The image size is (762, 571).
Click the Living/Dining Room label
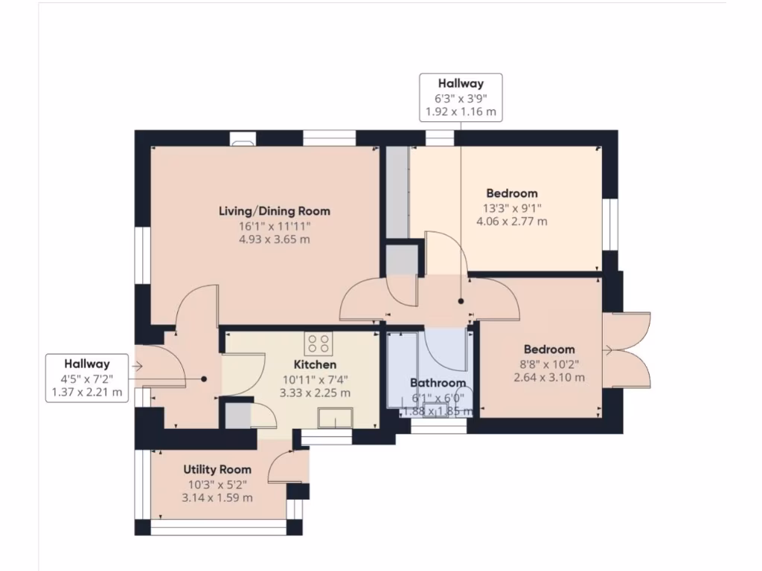[274, 211]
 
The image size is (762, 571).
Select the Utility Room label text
[217, 470]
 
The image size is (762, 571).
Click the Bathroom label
[438, 384]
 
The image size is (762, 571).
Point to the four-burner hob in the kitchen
[318, 343]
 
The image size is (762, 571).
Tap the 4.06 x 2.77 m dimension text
[508, 222]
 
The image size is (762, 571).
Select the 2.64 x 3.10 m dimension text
[548, 378]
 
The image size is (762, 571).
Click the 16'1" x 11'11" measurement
[274, 226]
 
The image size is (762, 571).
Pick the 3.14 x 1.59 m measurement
[217, 497]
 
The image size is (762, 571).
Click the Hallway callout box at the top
[461, 97]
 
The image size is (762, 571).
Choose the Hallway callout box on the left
[86, 378]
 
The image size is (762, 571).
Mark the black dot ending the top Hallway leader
[461, 301]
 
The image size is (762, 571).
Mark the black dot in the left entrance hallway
[203, 378]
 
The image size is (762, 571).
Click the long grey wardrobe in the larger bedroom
[397, 193]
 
